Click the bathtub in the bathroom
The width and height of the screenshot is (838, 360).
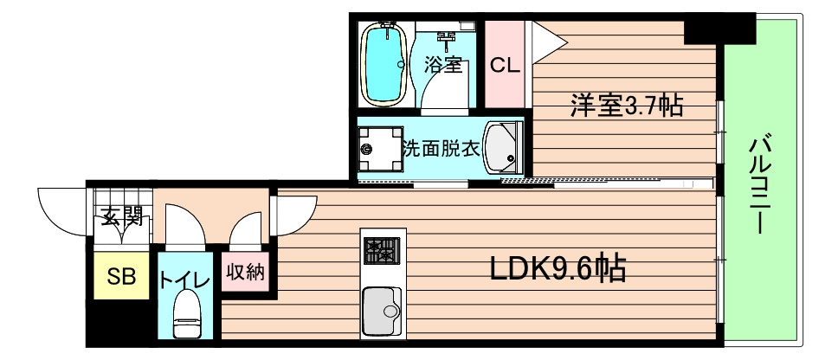pyautogui.click(x=384, y=63)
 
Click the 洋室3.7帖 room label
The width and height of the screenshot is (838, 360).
pyautogui.click(x=626, y=106)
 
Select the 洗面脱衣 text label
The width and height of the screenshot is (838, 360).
pyautogui.click(x=440, y=149)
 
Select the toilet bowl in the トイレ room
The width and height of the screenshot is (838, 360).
pyautogui.click(x=186, y=314)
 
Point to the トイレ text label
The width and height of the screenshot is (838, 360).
pyautogui.click(x=184, y=280)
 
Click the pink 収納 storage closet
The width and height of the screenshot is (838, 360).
pyautogui.click(x=244, y=276)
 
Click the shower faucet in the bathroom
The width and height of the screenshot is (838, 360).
pyautogui.click(x=447, y=36)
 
